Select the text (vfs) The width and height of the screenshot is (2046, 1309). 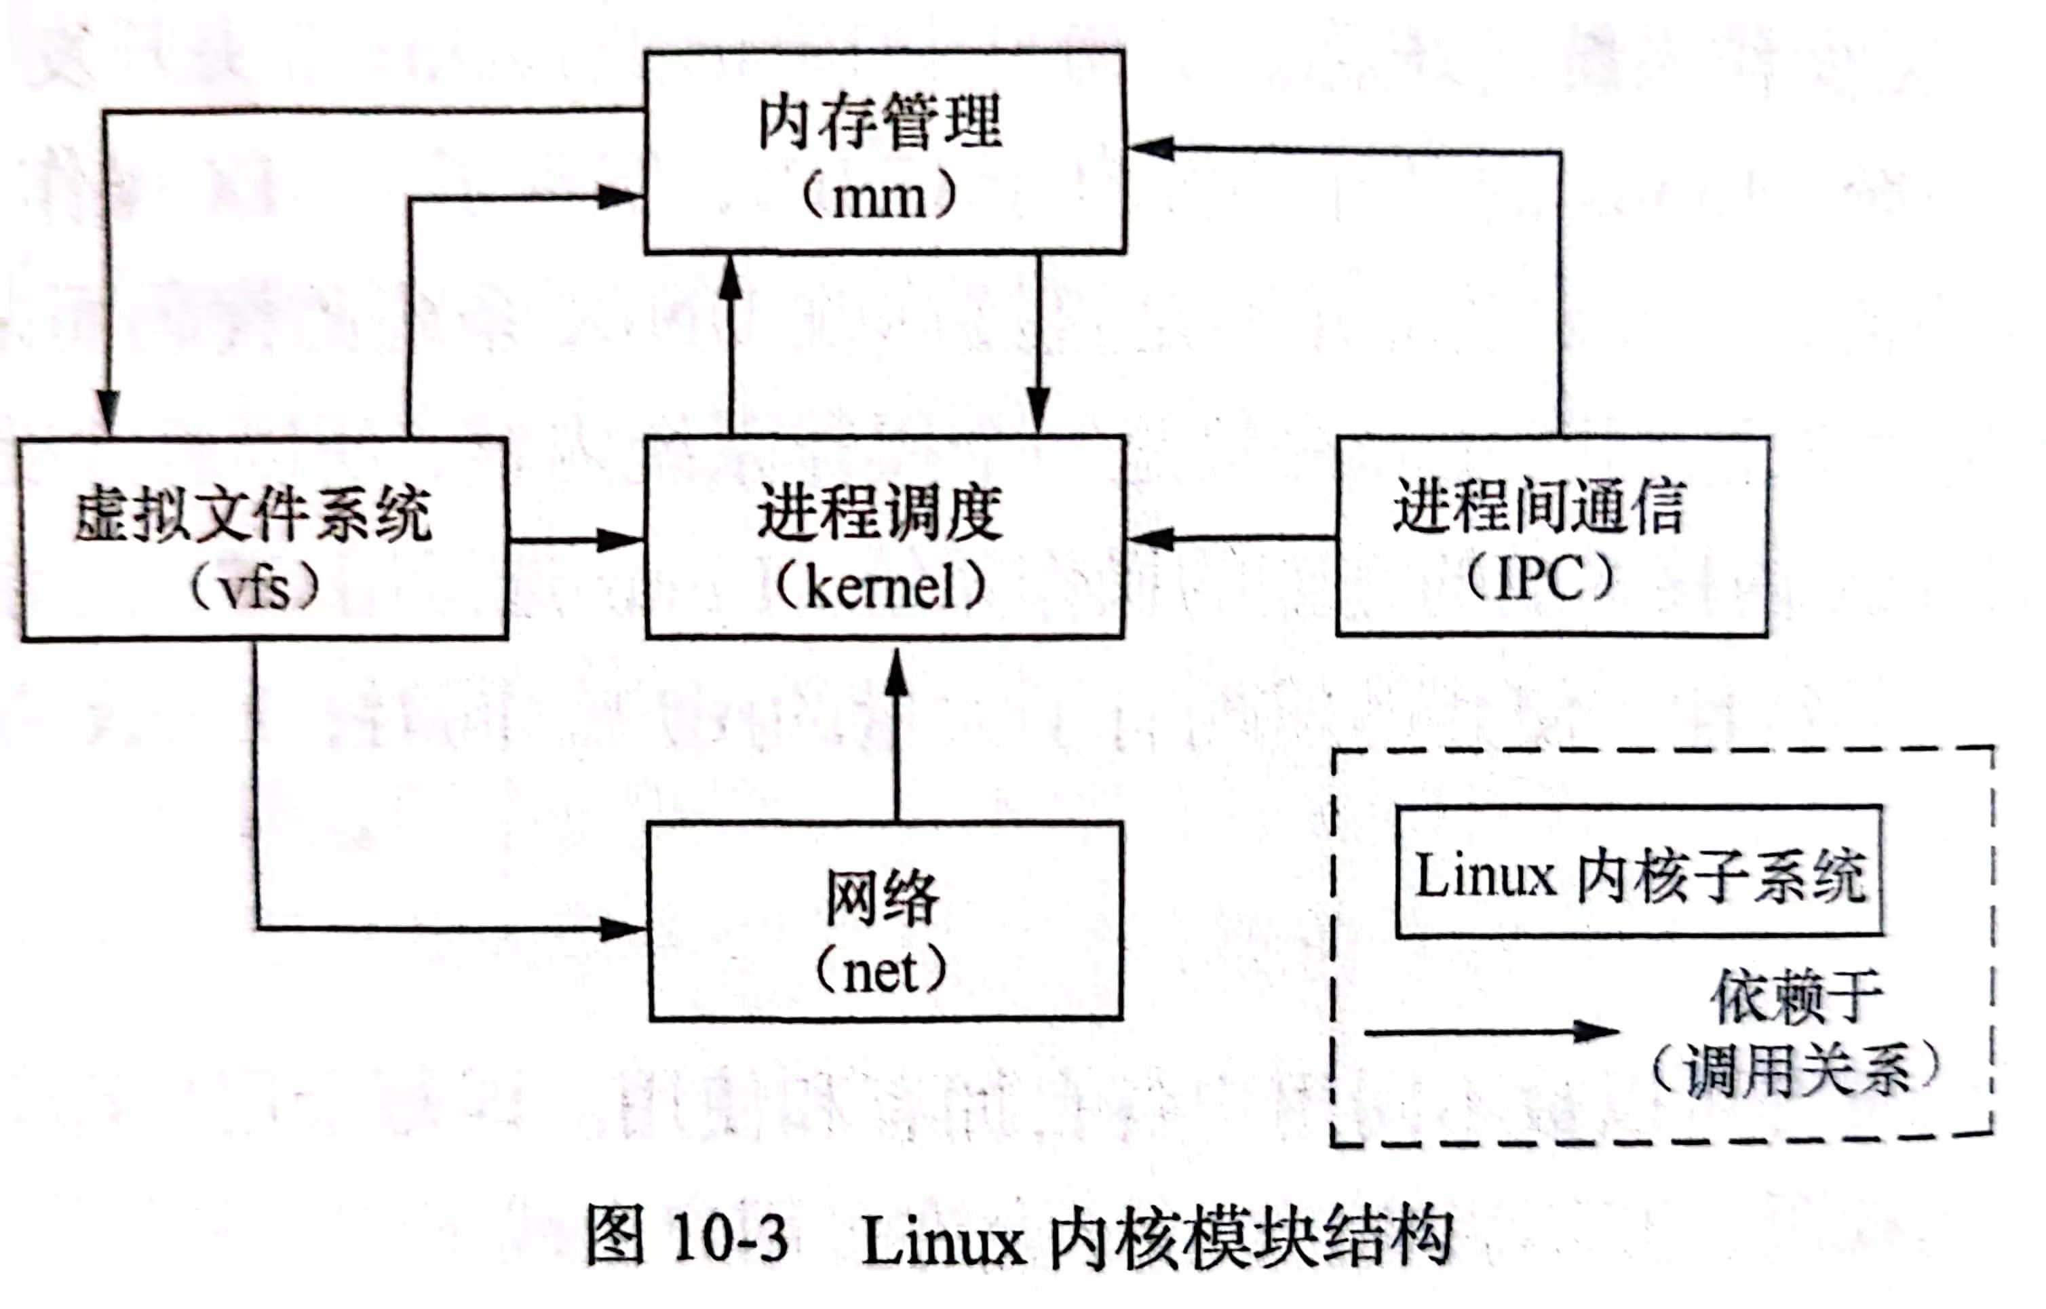(x=255, y=587)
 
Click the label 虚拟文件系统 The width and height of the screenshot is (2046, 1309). (x=253, y=515)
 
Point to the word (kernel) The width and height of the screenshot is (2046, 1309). (x=881, y=587)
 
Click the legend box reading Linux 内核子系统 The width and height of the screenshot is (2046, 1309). (x=1639, y=874)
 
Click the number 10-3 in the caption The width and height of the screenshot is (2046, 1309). (x=729, y=1238)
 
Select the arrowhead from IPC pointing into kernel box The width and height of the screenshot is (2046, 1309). (x=1149, y=538)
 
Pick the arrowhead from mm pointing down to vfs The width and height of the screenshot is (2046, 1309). (x=108, y=413)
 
